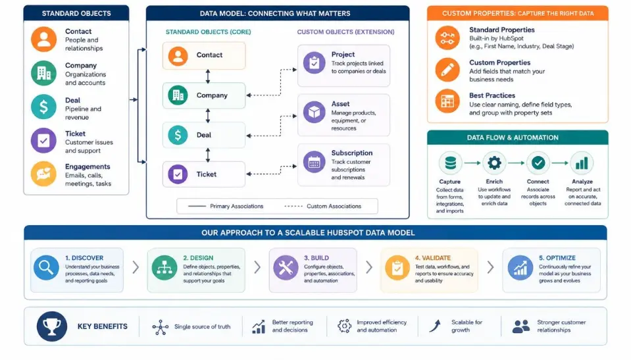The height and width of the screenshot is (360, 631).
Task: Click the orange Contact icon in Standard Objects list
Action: pos(44,39)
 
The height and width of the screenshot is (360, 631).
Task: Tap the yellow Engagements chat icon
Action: pos(44,174)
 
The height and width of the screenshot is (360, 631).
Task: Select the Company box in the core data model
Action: pos(204,95)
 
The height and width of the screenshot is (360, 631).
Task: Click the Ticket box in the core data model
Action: pos(204,174)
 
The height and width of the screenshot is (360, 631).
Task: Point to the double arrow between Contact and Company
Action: pos(208,76)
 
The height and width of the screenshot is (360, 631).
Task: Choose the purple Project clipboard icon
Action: pos(315,63)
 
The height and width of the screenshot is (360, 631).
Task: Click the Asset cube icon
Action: pos(315,112)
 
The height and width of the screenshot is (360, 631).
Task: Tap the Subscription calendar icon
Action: pos(315,162)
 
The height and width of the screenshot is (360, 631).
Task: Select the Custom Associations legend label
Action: pos(334,206)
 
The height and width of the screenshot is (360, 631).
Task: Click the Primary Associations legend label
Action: pos(237,206)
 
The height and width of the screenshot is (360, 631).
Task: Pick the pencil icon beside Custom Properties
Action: pos(447,70)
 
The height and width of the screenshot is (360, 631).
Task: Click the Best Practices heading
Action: pos(492,95)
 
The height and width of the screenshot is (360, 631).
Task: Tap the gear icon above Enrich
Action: pos(494,163)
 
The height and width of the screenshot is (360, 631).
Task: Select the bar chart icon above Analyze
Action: pos(582,163)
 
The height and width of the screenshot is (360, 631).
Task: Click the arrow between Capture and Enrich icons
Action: pos(472,163)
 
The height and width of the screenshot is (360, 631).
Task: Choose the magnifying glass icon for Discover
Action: pos(46,267)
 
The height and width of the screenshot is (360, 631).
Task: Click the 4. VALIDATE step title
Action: pos(432,258)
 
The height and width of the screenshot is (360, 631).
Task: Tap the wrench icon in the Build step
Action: pos(286,267)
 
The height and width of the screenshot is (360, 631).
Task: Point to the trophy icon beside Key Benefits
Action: pos(52,326)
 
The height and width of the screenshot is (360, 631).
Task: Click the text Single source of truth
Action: pos(203,326)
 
